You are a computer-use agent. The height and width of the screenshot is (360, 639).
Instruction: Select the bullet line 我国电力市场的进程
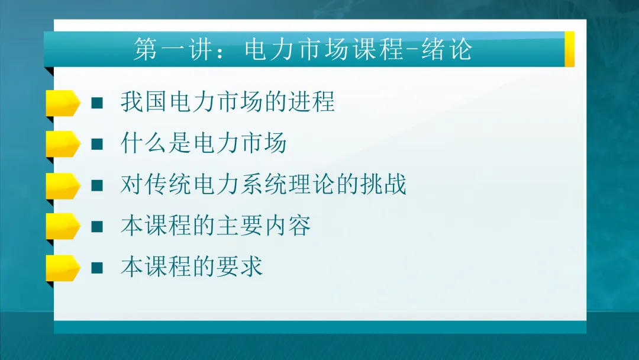click(x=228, y=102)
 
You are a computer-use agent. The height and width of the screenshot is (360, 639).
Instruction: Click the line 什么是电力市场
click(x=204, y=144)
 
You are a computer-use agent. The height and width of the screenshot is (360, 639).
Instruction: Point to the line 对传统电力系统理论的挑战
click(x=263, y=185)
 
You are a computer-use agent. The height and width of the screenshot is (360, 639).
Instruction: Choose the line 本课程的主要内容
click(x=216, y=226)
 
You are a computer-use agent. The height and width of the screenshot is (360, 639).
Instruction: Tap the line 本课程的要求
click(x=192, y=268)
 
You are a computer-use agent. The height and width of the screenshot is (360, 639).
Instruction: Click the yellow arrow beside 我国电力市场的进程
click(x=62, y=103)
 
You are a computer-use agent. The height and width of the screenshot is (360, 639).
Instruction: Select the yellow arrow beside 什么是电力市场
click(x=62, y=144)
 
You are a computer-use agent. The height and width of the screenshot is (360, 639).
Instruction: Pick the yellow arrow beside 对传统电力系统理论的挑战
click(x=62, y=185)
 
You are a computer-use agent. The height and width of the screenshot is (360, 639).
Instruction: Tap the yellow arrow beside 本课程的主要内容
click(x=62, y=226)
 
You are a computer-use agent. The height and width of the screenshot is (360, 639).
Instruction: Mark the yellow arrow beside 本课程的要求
click(x=62, y=268)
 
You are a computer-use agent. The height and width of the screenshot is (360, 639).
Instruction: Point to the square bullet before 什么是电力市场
click(x=97, y=144)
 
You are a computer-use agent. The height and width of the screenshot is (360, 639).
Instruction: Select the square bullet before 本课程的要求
click(x=97, y=268)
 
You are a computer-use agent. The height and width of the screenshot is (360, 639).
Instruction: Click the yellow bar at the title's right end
click(x=569, y=49)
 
